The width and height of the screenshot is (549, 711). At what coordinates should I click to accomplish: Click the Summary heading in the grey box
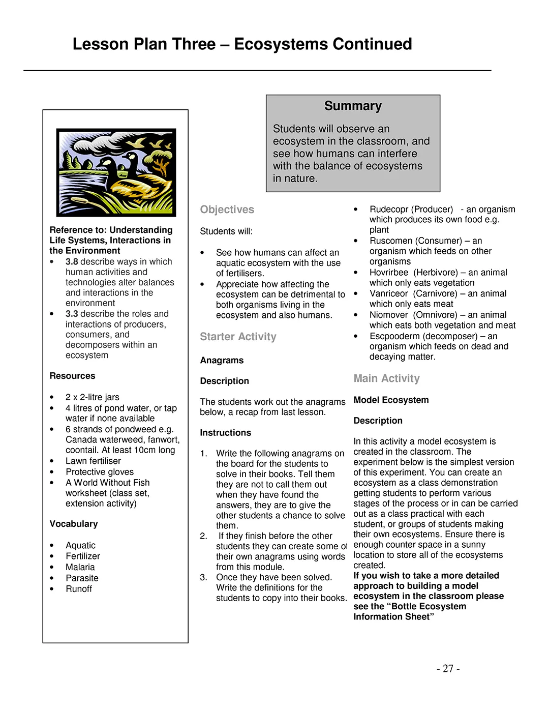pyautogui.click(x=353, y=106)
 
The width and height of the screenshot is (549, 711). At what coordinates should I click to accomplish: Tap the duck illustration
pyautogui.click(x=116, y=172)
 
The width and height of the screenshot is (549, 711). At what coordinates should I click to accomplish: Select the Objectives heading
pyautogui.click(x=227, y=210)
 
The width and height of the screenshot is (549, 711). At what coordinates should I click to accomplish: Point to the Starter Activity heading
pyautogui.click(x=238, y=337)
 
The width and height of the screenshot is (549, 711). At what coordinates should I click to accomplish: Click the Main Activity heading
pyautogui.click(x=386, y=378)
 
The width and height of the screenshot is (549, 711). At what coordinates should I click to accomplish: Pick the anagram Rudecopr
pyautogui.click(x=388, y=210)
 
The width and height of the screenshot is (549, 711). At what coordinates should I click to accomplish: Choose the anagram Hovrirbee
pyautogui.click(x=389, y=273)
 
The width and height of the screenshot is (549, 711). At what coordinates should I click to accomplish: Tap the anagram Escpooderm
pyautogui.click(x=394, y=336)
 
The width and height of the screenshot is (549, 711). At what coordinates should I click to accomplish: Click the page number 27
pyautogui.click(x=448, y=669)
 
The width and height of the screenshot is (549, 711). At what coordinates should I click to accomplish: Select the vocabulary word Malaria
pyautogui.click(x=80, y=567)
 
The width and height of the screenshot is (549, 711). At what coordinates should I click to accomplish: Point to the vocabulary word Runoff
pyautogui.click(x=79, y=589)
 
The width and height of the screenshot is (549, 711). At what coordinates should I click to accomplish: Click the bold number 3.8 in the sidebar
pyautogui.click(x=72, y=262)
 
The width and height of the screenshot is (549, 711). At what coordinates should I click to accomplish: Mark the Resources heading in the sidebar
pyautogui.click(x=72, y=376)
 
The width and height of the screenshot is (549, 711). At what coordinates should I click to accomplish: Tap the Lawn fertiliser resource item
pyautogui.click(x=93, y=461)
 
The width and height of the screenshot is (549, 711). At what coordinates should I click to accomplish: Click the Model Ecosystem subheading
pyautogui.click(x=391, y=400)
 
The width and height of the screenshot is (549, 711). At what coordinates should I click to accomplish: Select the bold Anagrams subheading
pyautogui.click(x=222, y=360)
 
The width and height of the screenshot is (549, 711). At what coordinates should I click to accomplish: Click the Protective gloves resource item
pyautogui.click(x=100, y=472)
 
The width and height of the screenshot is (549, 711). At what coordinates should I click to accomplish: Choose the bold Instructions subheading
pyautogui.click(x=225, y=433)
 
